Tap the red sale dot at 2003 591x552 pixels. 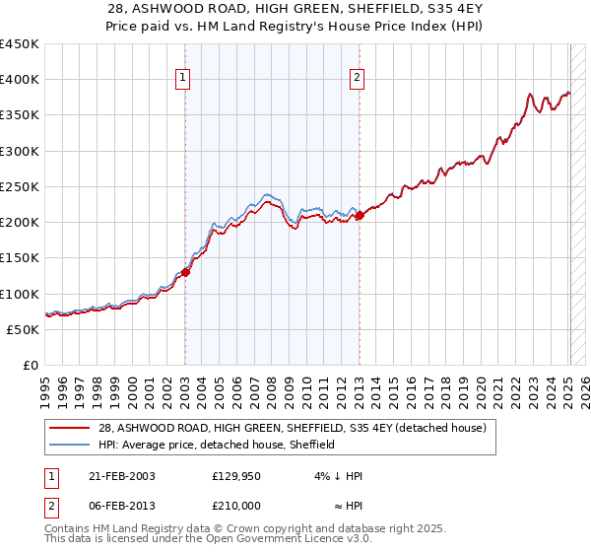coord(185,272)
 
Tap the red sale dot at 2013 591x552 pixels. coord(359,215)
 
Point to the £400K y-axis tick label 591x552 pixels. coord(20,80)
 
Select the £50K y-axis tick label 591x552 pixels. coord(24,329)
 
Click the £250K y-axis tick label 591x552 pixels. coord(20,186)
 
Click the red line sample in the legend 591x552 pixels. coord(71,428)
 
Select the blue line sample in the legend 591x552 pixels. coord(71,445)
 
